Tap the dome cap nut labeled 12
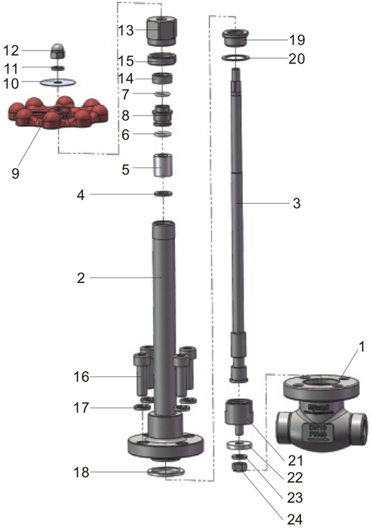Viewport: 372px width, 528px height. pos(57,51)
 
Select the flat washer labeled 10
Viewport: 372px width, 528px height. pos(57,81)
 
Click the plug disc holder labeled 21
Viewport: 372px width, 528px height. pos(237,414)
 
